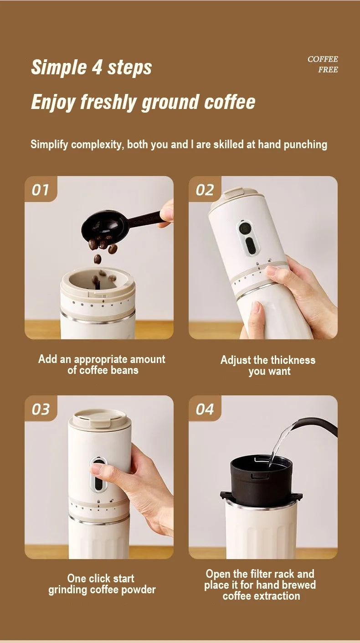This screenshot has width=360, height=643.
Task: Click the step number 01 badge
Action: click(40, 190)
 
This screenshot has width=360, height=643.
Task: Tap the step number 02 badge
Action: click(205, 190)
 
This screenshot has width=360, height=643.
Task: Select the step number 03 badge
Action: click(40, 409)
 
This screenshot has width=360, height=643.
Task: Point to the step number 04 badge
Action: click(205, 409)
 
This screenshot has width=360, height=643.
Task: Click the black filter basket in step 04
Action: click(260, 479)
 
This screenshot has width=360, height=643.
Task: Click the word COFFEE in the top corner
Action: click(323, 59)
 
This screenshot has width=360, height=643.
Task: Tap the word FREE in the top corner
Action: click(328, 70)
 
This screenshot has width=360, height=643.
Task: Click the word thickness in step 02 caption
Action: click(292, 360)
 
